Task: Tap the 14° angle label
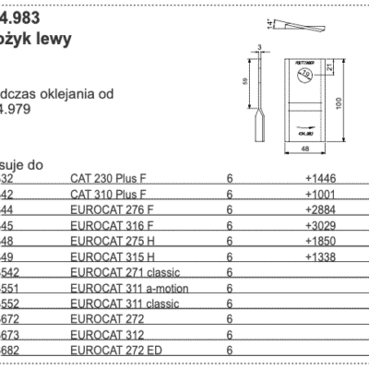pos(268,20)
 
